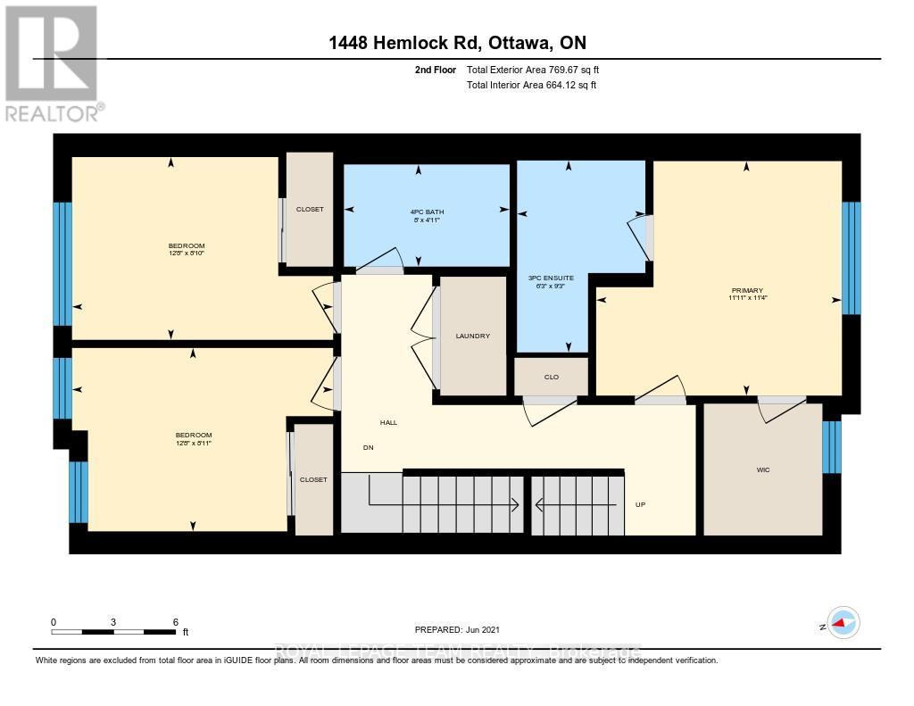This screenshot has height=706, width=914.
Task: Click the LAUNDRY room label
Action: pyautogui.click(x=472, y=336)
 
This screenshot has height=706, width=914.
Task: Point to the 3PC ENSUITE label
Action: pyautogui.click(x=552, y=278)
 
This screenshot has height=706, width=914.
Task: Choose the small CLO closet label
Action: pyautogui.click(x=552, y=377)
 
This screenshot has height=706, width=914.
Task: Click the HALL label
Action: pyautogui.click(x=388, y=422)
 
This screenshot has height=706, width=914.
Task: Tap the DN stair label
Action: pyautogui.click(x=368, y=447)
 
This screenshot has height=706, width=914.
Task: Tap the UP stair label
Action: pyautogui.click(x=640, y=504)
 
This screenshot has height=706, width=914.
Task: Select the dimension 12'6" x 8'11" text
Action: pyautogui.click(x=193, y=442)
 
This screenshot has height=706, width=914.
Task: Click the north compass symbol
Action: pyautogui.click(x=842, y=622)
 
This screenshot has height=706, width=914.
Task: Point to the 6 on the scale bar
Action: pyautogui.click(x=176, y=622)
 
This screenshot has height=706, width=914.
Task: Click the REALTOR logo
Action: pyautogui.click(x=53, y=62)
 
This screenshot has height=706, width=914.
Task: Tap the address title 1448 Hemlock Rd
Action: pyautogui.click(x=457, y=43)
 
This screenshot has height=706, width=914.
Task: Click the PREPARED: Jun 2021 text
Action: pyautogui.click(x=463, y=630)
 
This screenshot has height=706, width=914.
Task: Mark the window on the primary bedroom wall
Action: pyautogui.click(x=852, y=258)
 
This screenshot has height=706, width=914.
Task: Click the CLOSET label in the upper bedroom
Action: pyautogui.click(x=310, y=209)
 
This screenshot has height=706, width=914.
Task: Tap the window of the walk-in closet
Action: pyautogui.click(x=831, y=447)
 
